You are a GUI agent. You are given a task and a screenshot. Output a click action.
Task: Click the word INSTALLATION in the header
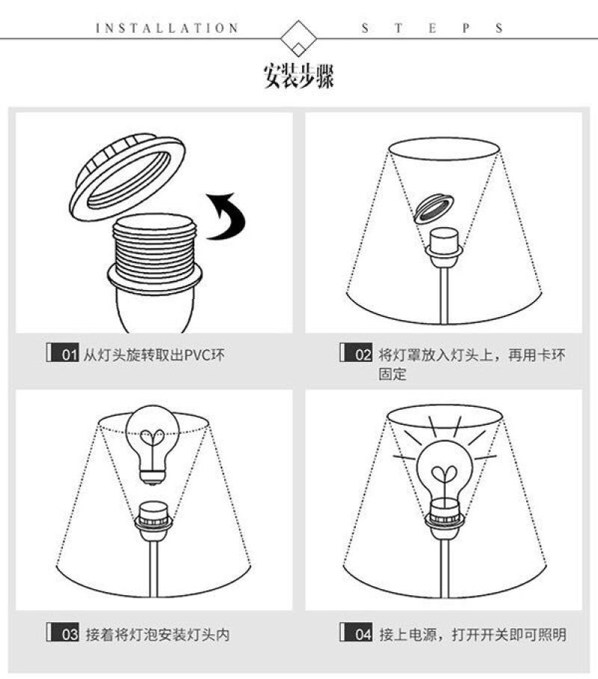point(167,28)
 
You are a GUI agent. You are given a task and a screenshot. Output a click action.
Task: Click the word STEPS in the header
point(432,28)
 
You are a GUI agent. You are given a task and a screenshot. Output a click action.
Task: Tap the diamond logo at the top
point(298,38)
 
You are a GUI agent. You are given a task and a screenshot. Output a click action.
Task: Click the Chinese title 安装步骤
point(299,76)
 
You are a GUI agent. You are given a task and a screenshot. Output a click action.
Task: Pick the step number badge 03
point(63,633)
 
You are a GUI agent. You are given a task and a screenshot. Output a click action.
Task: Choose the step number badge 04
point(357,633)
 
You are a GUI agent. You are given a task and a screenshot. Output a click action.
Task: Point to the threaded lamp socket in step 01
point(155,273)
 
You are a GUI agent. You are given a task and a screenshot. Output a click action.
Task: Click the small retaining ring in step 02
point(434,209)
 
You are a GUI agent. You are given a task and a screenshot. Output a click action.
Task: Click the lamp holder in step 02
point(444,247)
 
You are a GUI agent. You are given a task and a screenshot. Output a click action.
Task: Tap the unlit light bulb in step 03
point(152,444)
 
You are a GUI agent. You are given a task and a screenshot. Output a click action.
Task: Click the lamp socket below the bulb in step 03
point(154,522)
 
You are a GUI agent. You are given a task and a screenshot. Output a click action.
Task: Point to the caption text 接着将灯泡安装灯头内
point(158,635)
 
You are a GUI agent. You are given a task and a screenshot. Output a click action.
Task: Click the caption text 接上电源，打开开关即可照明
point(473,635)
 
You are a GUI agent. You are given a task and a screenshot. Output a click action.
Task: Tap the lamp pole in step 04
point(444,568)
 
